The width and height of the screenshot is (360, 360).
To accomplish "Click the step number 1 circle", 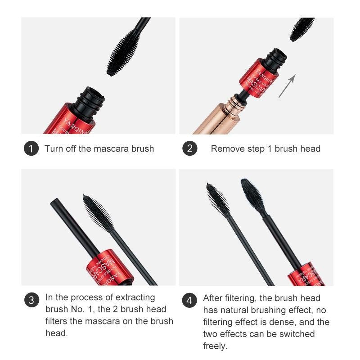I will (31, 148).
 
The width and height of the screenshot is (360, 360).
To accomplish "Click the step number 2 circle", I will (189, 148).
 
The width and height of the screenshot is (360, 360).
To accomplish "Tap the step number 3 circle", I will (31, 301).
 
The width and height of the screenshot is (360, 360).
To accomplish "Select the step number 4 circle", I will (189, 301).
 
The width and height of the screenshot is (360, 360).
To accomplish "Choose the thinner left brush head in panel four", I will (216, 198).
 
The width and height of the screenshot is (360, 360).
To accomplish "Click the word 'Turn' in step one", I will (53, 148).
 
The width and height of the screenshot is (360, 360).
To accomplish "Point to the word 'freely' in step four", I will (215, 346).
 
